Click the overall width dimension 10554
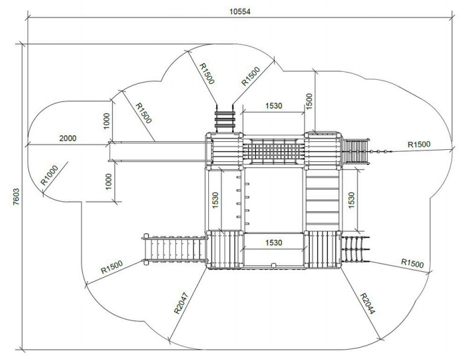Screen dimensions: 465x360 pyautogui.click(x=240, y=11)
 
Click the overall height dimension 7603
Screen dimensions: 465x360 pyautogui.click(x=16, y=196)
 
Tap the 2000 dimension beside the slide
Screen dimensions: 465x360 pyautogui.click(x=68, y=138)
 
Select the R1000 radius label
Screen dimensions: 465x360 pyautogui.click(x=50, y=175)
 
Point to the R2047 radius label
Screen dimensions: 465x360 pyautogui.click(x=181, y=303)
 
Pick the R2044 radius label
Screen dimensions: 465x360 pyautogui.click(x=367, y=304)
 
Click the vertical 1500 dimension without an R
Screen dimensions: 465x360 pyautogui.click(x=309, y=101)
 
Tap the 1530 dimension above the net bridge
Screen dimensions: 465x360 pyautogui.click(x=274, y=106)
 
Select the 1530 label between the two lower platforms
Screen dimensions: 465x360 pyautogui.click(x=274, y=243)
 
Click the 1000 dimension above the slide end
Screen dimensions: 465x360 pyautogui.click(x=106, y=121)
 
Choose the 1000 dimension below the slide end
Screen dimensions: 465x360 pyautogui.click(x=109, y=181)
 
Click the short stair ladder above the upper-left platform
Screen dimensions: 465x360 pyautogui.click(x=225, y=119)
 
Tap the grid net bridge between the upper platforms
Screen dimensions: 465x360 pyautogui.click(x=274, y=151)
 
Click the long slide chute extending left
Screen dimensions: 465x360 pyautogui.click(x=157, y=152)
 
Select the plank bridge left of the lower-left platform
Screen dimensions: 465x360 pyautogui.click(x=174, y=249)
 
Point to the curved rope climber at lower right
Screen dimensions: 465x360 pyautogui.click(x=355, y=249)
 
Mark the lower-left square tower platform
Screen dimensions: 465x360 pyautogui.click(x=225, y=249)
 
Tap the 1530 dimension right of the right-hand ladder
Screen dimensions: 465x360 pyautogui.click(x=351, y=200)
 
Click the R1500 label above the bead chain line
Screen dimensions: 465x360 pyautogui.click(x=419, y=144)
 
